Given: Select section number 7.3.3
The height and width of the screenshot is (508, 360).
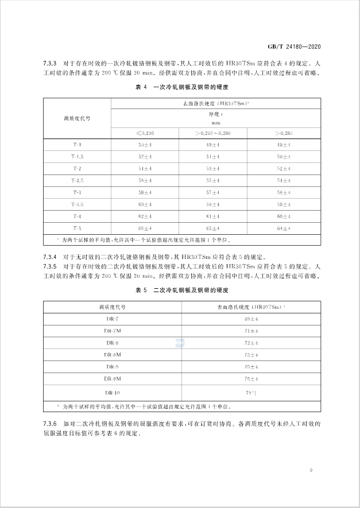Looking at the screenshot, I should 52,62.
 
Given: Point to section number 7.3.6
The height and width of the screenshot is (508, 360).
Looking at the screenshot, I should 52,424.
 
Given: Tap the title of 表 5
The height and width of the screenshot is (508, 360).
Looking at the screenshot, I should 182,291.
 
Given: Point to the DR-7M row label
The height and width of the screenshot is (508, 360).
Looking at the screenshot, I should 113,331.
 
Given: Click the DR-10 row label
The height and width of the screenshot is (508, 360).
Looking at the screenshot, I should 113,393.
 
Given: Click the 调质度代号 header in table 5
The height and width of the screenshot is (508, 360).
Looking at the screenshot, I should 113,307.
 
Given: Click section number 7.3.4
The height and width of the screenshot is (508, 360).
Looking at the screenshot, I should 52,256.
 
